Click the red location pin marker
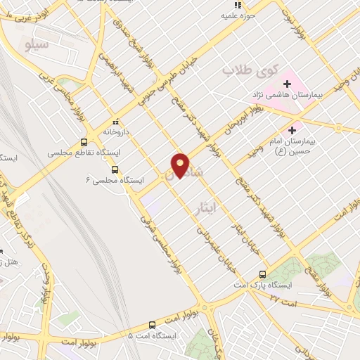pos(181,165)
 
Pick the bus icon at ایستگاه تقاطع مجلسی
pos(84,140)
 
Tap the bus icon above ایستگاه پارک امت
pos(262,274)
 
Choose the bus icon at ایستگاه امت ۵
pos(153,324)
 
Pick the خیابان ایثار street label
pos(247,237)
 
